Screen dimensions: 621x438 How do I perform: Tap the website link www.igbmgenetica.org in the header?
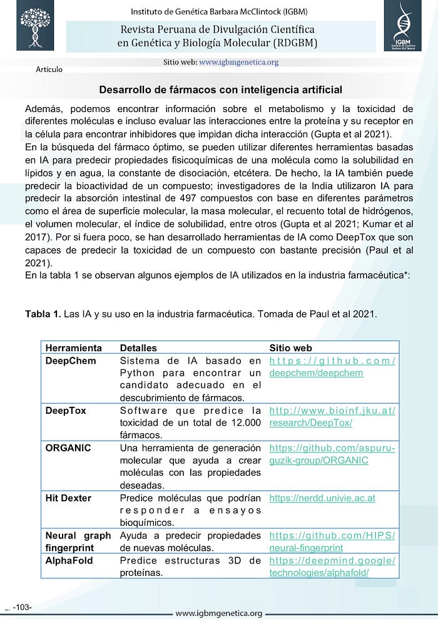[x=238, y=62]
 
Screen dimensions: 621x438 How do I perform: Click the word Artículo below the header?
[x=49, y=69]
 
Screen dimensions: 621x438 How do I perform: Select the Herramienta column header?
[x=73, y=347]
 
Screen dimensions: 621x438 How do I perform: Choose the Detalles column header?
[x=138, y=347]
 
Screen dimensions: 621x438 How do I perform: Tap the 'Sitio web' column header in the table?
[x=290, y=347]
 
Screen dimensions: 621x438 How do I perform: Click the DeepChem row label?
[x=71, y=361]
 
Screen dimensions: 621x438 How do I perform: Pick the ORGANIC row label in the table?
[x=68, y=448]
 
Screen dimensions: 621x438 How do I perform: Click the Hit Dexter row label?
[x=68, y=498]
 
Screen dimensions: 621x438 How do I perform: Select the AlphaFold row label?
[x=69, y=560]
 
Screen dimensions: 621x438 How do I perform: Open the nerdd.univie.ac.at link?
[x=322, y=498]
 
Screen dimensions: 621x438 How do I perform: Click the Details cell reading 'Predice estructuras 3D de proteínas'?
[x=190, y=567]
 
